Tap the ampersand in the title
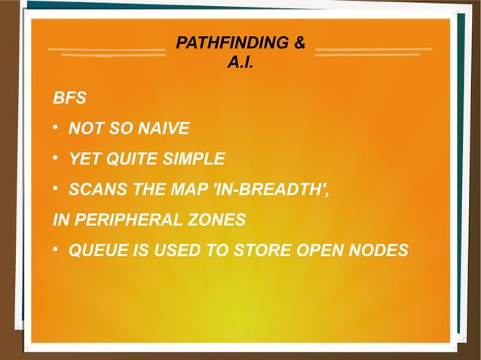pyautogui.click(x=299, y=44)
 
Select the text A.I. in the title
pyautogui.click(x=240, y=61)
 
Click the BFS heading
pyautogui.click(x=69, y=99)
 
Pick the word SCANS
pyautogui.click(x=92, y=189)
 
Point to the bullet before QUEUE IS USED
pyautogui.click(x=56, y=249)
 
